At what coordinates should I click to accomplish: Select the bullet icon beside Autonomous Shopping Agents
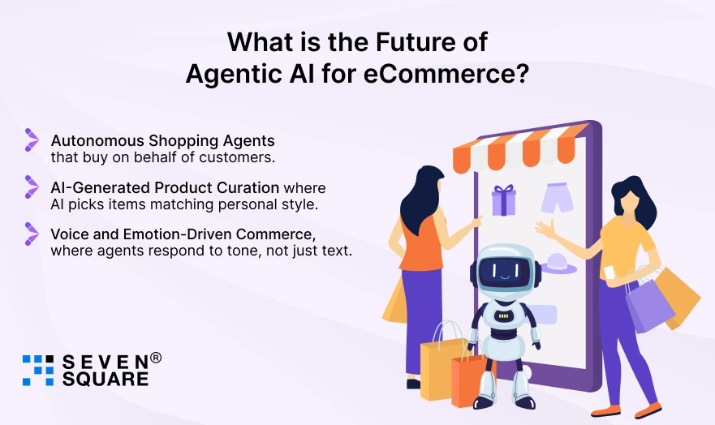[32, 140]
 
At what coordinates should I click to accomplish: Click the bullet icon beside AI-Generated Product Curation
[32, 187]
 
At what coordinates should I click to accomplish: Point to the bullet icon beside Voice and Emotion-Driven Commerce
[32, 234]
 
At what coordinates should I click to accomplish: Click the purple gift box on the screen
[504, 200]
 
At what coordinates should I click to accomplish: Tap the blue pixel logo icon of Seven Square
[37, 369]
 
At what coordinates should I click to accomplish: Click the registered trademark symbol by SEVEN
[156, 358]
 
